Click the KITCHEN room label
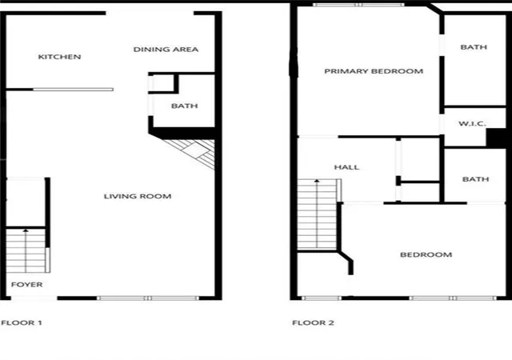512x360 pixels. tap(59, 57)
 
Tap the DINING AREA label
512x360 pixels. tap(166, 50)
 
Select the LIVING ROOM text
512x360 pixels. tap(138, 196)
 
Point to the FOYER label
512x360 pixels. tap(26, 285)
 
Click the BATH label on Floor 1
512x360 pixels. tap(185, 106)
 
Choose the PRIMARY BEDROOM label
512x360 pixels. tap(374, 71)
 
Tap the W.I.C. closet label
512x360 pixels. tap(472, 124)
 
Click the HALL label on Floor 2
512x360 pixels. tap(346, 167)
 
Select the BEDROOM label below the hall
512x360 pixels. tap(426, 255)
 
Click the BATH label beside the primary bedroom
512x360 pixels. tap(474, 47)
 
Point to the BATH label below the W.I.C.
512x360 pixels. tap(476, 179)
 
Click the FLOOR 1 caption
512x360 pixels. tap(22, 322)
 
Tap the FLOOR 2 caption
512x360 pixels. tap(313, 322)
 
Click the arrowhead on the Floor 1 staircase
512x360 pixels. tap(26, 231)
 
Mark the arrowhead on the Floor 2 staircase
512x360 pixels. tap(317, 180)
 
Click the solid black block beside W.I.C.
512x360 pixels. tap(496, 138)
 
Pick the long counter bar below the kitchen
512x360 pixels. tap(73, 90)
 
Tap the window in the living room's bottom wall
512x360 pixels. tap(148, 298)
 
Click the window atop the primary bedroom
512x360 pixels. tap(359, 5)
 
